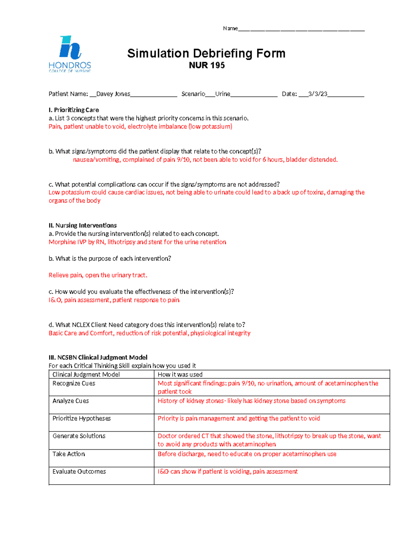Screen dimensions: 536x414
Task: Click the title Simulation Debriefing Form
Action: [x=206, y=53]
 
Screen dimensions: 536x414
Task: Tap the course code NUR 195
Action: [x=207, y=65]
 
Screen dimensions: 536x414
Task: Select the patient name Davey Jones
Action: [x=113, y=94]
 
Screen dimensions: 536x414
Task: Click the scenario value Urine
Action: [x=223, y=94]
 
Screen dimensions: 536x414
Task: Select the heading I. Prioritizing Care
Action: [x=74, y=110]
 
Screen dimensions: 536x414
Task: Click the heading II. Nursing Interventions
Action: [x=83, y=225]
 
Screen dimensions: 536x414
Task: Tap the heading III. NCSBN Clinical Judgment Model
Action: [x=98, y=358]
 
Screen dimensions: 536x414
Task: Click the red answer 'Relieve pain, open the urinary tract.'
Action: [x=98, y=275]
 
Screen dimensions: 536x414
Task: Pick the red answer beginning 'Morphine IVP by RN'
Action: [x=137, y=242]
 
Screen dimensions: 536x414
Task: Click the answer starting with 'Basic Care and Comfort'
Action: [x=149, y=333]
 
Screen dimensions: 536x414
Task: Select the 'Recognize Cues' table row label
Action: [x=74, y=383]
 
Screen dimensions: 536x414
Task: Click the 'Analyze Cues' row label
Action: [x=71, y=401]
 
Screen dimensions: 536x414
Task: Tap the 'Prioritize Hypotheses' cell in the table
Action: [x=82, y=419]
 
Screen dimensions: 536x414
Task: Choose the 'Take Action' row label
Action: [x=69, y=454]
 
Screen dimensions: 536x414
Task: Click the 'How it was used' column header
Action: [x=180, y=374]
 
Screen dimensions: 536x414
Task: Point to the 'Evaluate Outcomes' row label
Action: [x=79, y=472]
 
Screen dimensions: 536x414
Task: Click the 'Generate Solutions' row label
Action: [x=79, y=436]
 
